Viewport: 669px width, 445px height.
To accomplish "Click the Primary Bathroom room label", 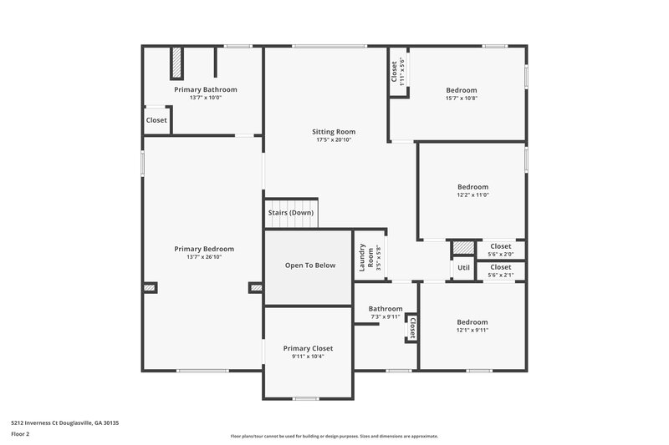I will coord(205,89).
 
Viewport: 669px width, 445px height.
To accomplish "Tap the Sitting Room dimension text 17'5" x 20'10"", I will coord(334,140).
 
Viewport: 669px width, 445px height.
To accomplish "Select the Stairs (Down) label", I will coord(291,213).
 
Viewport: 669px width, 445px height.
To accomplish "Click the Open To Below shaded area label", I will coord(309,265).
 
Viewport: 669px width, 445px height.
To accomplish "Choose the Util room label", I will coord(463,268).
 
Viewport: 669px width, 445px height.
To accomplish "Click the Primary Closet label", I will coord(308,348).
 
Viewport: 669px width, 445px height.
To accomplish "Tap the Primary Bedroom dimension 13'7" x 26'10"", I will coord(204,257).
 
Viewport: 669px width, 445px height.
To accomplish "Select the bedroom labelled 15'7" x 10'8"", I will coord(461,90).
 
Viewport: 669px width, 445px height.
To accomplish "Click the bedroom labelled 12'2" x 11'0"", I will coord(472,187).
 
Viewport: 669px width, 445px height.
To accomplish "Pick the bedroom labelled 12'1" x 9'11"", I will coord(472,322).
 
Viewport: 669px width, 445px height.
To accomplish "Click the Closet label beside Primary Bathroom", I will coord(156,120).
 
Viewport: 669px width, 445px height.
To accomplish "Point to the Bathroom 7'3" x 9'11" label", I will coord(386,309).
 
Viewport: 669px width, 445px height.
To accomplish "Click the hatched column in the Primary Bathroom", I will coord(176,63).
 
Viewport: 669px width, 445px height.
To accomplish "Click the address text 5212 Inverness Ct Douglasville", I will coord(65,423).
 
